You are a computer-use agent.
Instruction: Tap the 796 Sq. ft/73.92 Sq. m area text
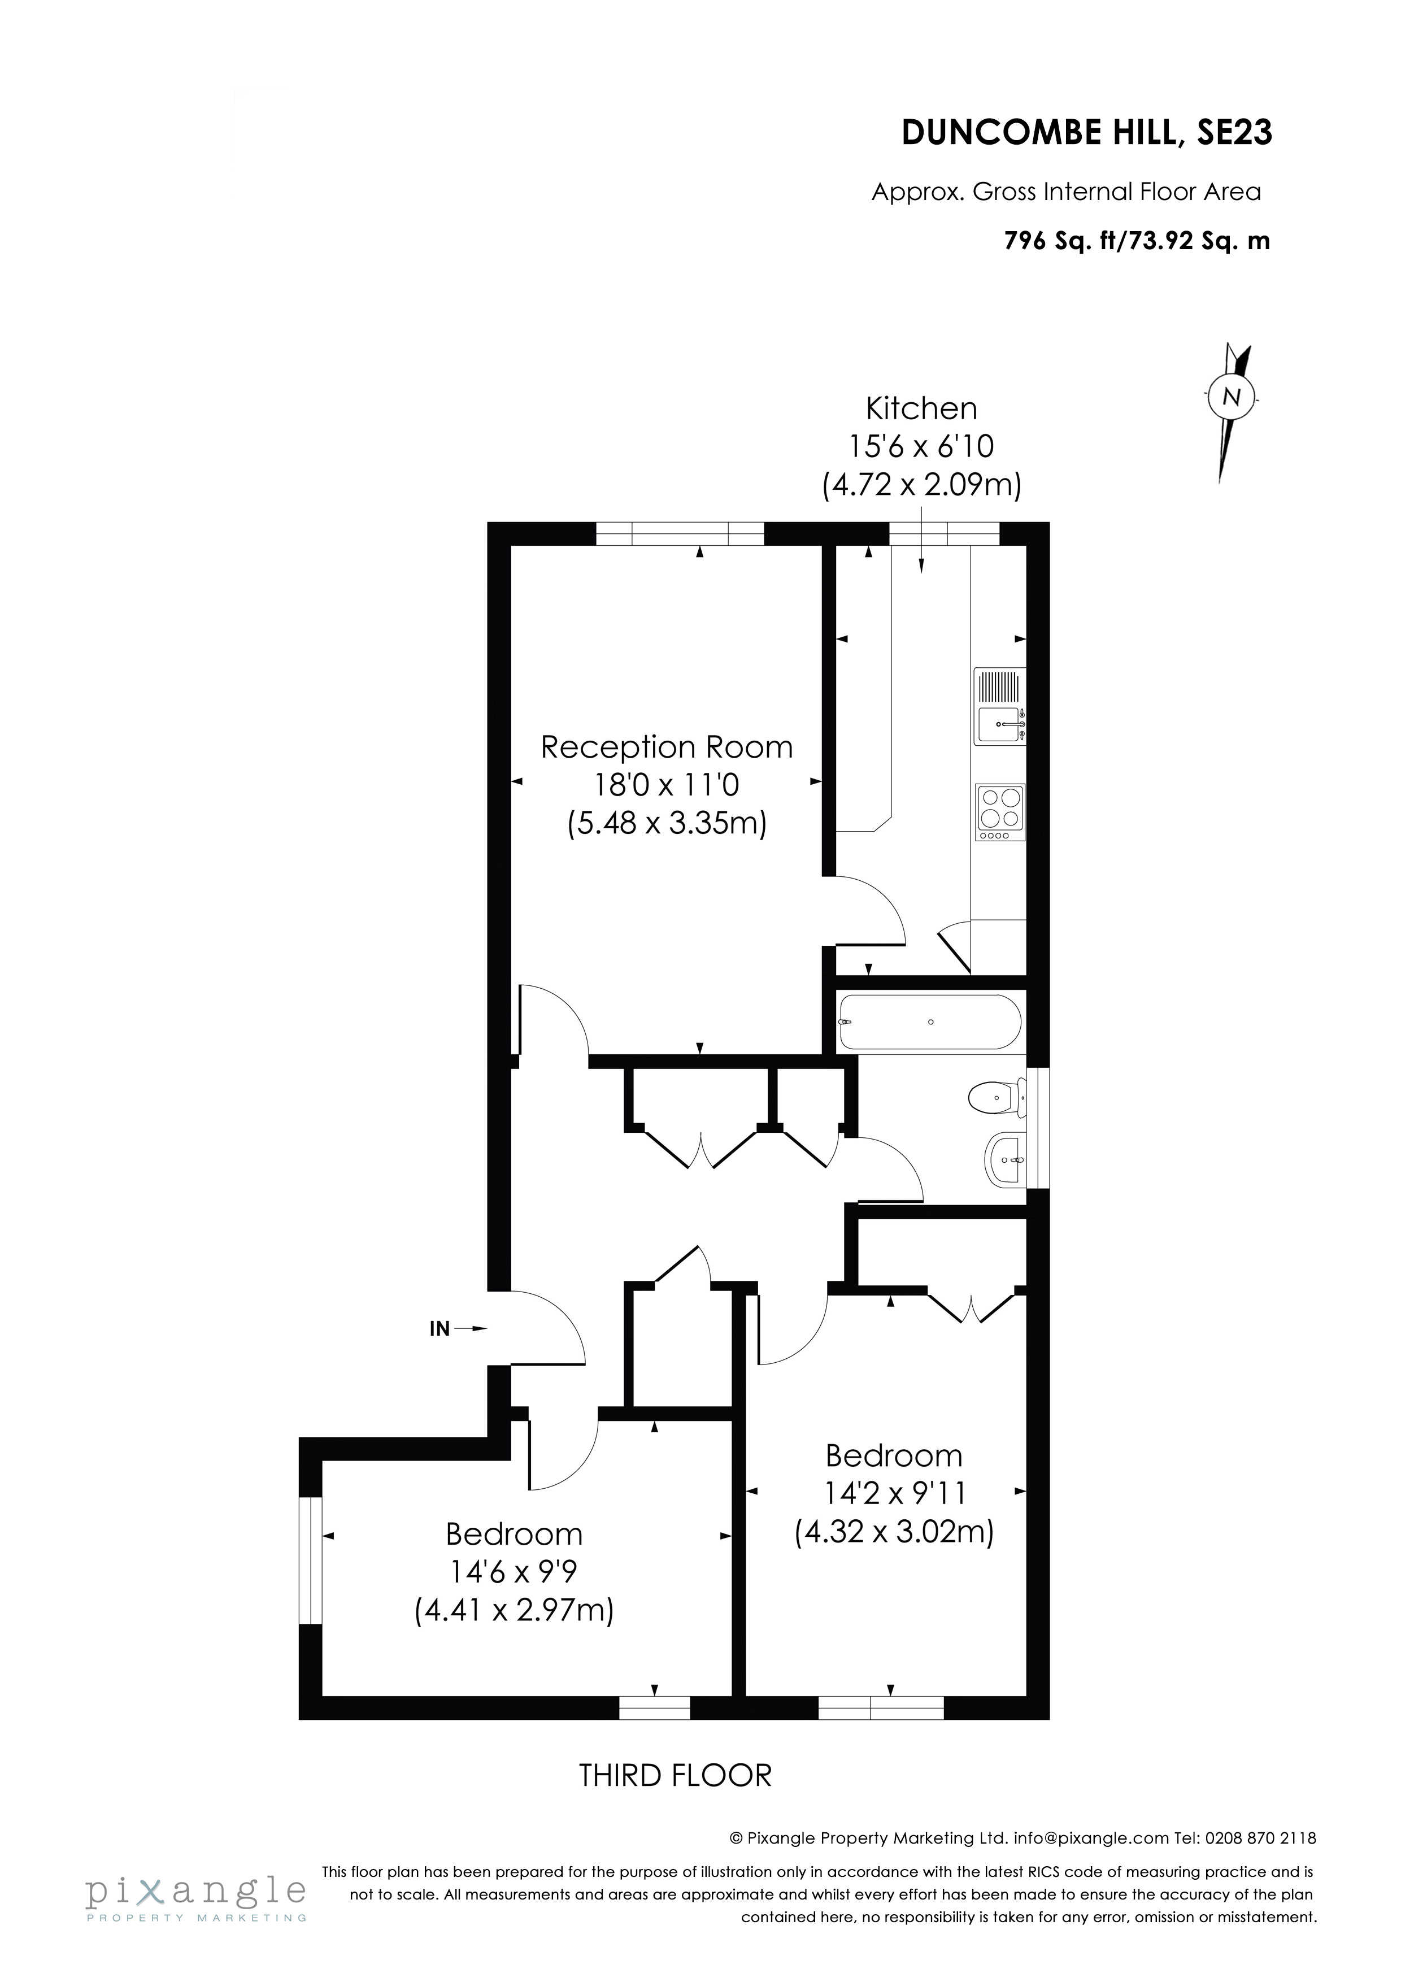[x=1137, y=241]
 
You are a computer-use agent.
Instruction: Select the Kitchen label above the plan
[x=921, y=408]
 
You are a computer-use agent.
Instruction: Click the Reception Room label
[x=667, y=747]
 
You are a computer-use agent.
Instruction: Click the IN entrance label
[x=440, y=1329]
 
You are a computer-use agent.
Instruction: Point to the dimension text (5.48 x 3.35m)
[x=667, y=823]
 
